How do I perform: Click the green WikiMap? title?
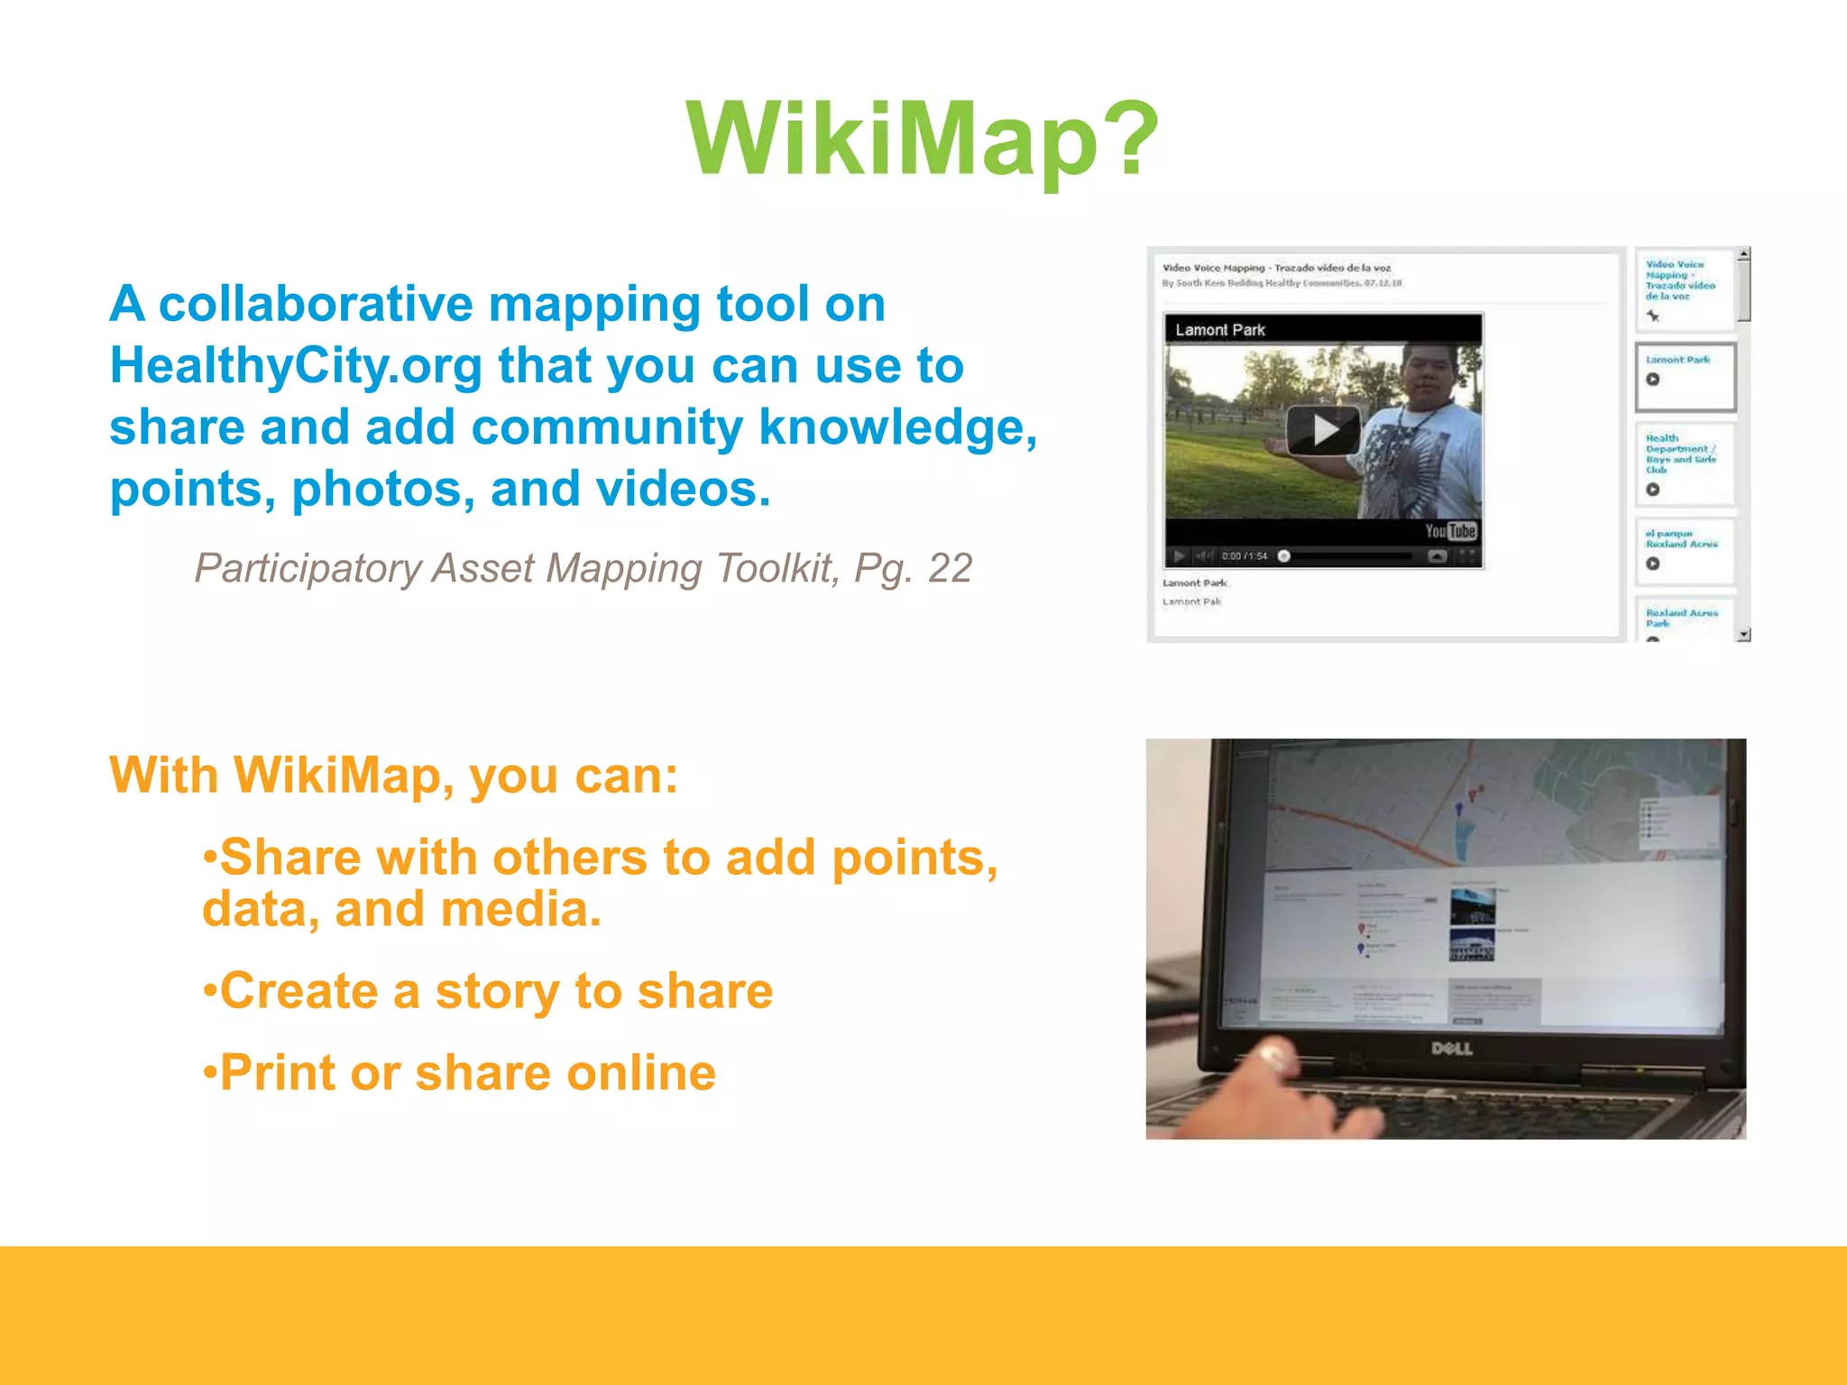point(922,139)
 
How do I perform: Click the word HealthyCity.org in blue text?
point(296,367)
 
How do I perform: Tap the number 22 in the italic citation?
point(950,569)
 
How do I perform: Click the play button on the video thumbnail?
point(1322,430)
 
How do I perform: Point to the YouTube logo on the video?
point(1450,531)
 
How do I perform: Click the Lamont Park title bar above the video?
point(1221,330)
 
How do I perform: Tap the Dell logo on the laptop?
point(1452,1049)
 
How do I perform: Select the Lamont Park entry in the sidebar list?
point(1677,360)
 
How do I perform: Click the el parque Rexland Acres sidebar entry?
point(1681,539)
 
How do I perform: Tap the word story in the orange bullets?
point(497,992)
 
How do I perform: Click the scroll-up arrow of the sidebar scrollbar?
point(1744,254)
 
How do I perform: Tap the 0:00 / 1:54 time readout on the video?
point(1245,556)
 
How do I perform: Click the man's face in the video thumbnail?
point(1431,375)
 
